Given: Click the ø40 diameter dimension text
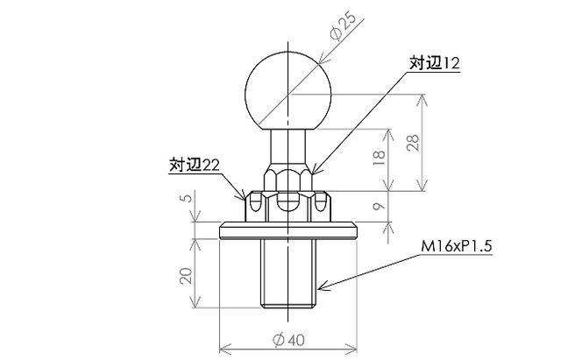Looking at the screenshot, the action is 288,340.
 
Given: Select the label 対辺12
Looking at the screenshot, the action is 434,63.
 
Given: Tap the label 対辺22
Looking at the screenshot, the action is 194,165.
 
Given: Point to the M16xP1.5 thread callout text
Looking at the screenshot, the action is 457,246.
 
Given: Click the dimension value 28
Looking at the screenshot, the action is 413,143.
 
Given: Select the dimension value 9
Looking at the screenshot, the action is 379,207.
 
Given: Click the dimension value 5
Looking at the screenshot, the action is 188,197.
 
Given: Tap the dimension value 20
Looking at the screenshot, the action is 186,275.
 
